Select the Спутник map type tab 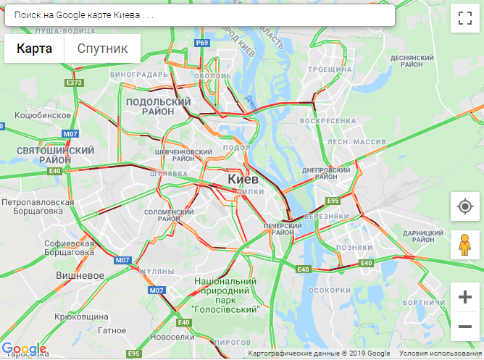point(102,49)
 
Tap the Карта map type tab point(35,49)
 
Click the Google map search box point(199,15)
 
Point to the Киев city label point(243,178)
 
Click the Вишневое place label point(79,276)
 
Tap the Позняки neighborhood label point(354,247)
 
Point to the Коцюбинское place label point(43,114)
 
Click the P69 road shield point(202,43)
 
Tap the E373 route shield point(74,83)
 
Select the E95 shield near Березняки point(333,201)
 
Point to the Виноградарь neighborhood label point(140,74)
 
